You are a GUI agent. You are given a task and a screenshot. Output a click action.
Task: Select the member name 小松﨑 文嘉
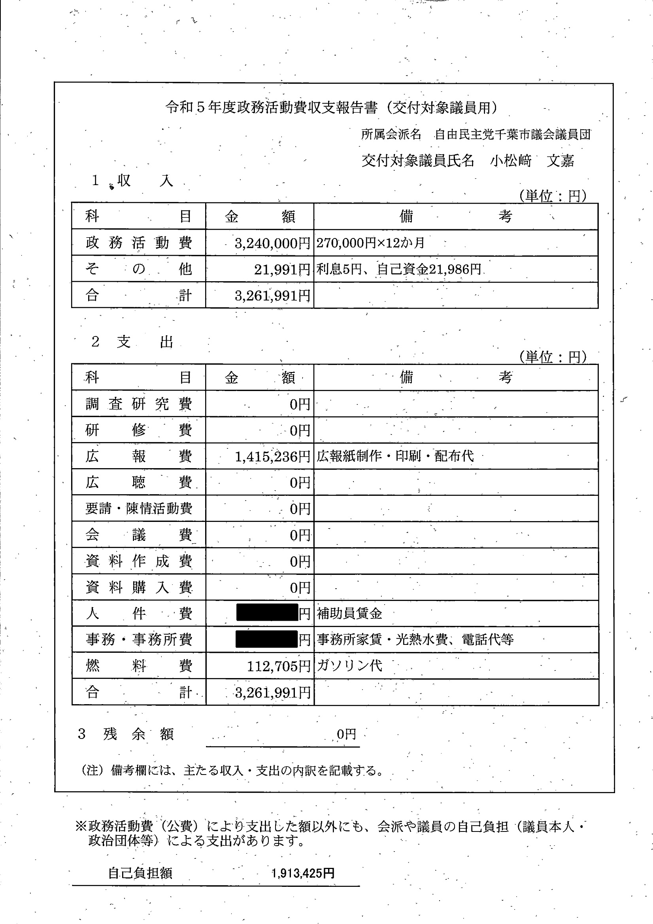[x=532, y=161]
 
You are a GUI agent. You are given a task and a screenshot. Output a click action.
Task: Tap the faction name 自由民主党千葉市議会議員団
[x=513, y=134]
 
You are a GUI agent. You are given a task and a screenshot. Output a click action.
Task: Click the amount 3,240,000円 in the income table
[x=272, y=243]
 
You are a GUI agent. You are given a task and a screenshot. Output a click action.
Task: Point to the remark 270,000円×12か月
[x=370, y=243]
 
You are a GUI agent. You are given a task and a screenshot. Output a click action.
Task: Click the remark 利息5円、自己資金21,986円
[x=399, y=269]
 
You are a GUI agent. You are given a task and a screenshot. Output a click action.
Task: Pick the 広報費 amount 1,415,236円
[x=272, y=456]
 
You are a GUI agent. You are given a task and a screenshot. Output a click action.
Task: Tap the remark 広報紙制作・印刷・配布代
[x=395, y=456]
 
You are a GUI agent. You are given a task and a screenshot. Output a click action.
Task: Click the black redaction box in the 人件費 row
[x=267, y=613]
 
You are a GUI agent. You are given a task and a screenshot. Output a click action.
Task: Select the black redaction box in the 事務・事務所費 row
[x=266, y=639]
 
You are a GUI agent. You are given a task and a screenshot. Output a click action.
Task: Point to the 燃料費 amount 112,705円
[x=278, y=667]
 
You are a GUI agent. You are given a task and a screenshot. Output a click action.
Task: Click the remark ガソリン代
[x=349, y=666]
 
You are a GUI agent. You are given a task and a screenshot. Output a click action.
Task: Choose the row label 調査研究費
[x=138, y=404]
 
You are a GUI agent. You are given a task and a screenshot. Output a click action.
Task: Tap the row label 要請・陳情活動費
[x=138, y=509]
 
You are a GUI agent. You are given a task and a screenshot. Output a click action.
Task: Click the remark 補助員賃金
[x=349, y=613]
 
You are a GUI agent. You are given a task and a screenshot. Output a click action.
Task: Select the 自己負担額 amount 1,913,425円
[x=303, y=873]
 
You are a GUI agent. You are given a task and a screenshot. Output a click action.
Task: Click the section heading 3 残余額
[x=126, y=735]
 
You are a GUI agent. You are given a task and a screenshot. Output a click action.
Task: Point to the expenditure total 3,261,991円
[x=272, y=693]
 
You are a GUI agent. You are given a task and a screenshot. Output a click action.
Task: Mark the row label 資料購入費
[x=138, y=588]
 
